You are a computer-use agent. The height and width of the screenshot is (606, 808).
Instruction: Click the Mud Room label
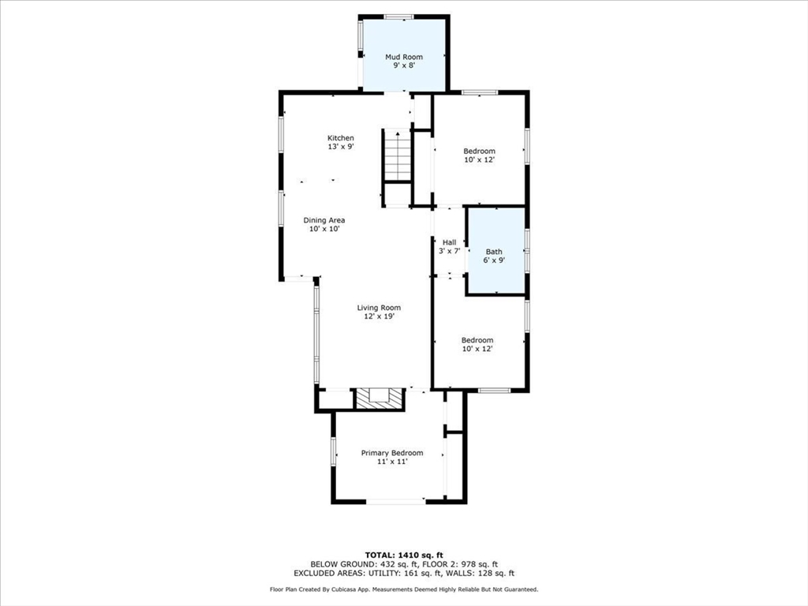click(403, 57)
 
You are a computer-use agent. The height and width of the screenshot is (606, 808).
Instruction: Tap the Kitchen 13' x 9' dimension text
click(341, 147)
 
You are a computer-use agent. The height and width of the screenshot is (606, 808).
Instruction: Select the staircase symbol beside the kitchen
click(398, 155)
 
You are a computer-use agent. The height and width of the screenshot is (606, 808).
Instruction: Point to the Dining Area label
click(324, 220)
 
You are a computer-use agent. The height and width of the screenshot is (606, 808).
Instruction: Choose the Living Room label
click(379, 308)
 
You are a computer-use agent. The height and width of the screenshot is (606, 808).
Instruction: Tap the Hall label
click(449, 242)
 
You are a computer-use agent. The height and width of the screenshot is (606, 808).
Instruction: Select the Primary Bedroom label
click(392, 453)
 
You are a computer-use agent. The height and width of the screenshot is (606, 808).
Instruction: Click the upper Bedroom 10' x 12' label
click(479, 151)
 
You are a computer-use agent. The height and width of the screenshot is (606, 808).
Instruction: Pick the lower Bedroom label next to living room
click(477, 340)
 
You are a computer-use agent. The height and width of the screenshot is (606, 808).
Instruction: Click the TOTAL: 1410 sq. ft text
click(403, 555)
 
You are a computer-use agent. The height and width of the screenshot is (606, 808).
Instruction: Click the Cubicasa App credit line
click(403, 589)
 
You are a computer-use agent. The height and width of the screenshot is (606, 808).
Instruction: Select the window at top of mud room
click(398, 17)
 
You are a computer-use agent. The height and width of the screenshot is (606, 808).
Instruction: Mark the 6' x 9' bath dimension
click(494, 260)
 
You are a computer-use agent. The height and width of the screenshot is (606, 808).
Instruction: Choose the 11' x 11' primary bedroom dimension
click(392, 462)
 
